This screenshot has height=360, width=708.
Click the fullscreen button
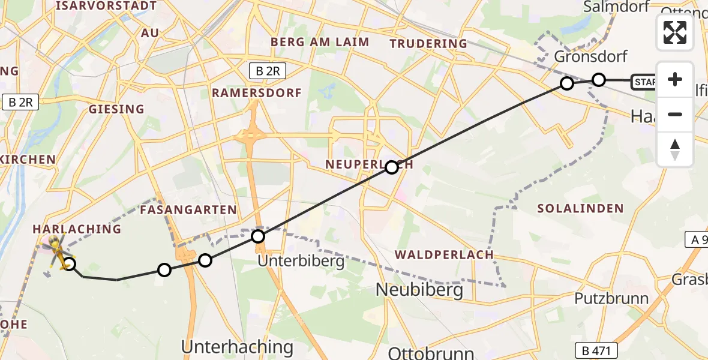click(x=675, y=32)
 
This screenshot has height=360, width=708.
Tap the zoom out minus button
click(x=675, y=114)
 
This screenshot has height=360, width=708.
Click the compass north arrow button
click(x=675, y=149)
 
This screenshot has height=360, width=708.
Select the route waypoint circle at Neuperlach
click(x=392, y=167)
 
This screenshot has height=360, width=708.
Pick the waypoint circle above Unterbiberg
click(x=258, y=236)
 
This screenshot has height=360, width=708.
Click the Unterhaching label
click(x=237, y=346)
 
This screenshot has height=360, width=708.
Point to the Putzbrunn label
click(x=611, y=298)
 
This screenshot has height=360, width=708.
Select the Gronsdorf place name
click(x=591, y=57)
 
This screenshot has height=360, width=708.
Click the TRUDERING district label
click(x=428, y=43)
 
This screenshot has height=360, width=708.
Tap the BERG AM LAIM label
click(x=320, y=42)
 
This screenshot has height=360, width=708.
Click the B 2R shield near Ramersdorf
click(x=267, y=71)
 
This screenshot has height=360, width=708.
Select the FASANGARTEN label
click(x=188, y=210)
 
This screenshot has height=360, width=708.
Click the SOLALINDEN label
click(x=580, y=209)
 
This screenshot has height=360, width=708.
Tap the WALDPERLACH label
click(x=444, y=254)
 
